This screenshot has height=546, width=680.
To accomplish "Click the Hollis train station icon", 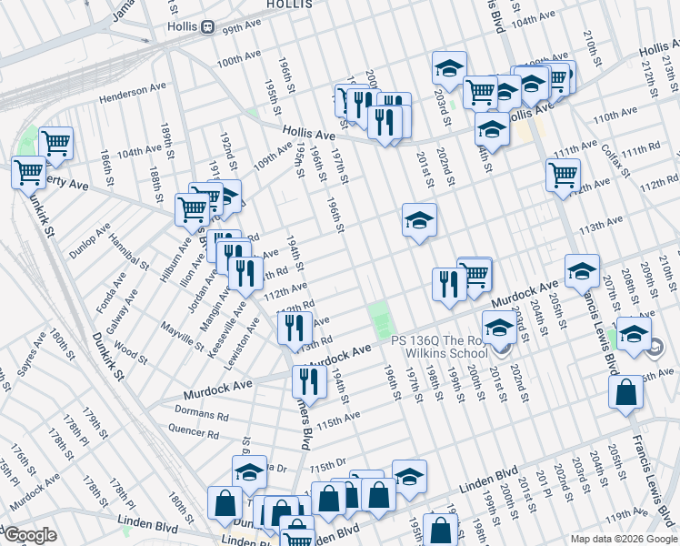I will (208, 27).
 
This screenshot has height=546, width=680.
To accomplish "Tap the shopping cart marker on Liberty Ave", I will (28, 170).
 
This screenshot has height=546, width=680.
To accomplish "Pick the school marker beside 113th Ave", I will (419, 220).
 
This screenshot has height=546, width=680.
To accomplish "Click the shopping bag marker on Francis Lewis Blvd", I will (626, 392).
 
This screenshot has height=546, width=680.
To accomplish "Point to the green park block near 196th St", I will (381, 318).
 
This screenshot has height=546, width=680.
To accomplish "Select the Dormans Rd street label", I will (200, 415).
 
